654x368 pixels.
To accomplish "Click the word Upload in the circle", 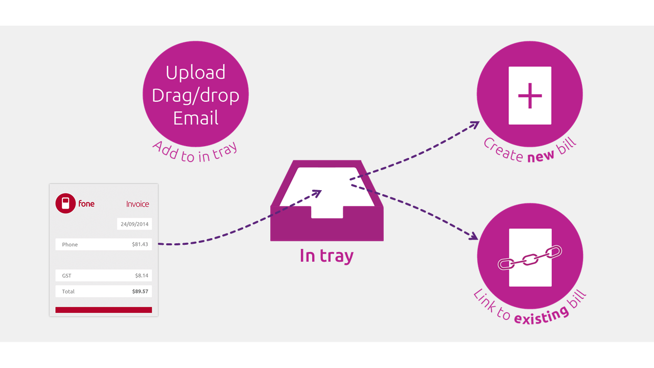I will (x=196, y=73).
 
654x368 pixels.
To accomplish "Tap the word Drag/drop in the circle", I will (x=196, y=96).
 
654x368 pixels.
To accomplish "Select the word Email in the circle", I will (x=196, y=118).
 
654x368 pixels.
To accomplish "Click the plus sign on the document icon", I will (x=530, y=96).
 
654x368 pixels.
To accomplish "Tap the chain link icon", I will (x=530, y=258).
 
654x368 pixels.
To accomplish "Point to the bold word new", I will (x=541, y=156).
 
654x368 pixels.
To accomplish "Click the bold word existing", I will (x=541, y=314).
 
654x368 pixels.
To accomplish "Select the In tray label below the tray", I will (x=326, y=255).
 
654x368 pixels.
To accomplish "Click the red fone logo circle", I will (x=65, y=203).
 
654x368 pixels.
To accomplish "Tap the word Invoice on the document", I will (x=137, y=204).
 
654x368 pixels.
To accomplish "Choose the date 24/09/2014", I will (x=134, y=224).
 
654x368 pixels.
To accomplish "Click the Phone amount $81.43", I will (x=139, y=244).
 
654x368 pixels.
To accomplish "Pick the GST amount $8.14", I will (x=142, y=275).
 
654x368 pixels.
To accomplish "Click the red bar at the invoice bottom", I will (x=104, y=310).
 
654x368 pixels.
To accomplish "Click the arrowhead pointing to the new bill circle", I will (x=475, y=124).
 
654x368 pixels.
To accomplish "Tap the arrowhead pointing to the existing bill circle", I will (x=474, y=236).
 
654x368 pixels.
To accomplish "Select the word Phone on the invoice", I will (x=70, y=244).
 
